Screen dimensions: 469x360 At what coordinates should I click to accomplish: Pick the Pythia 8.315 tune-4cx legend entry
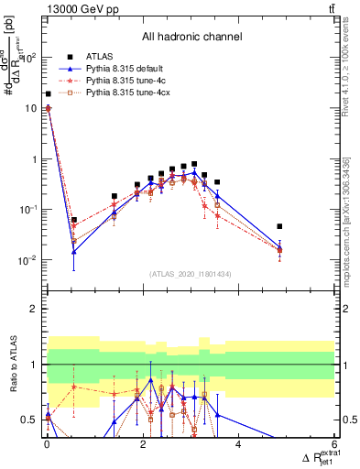(x=123, y=93)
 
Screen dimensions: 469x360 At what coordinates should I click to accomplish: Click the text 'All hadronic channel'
(x=191, y=38)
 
